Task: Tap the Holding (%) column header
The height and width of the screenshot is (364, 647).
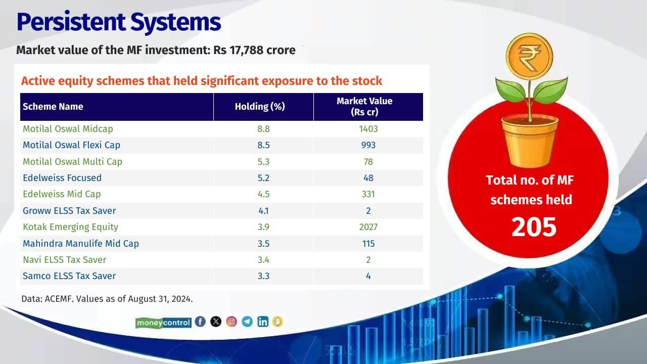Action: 260,107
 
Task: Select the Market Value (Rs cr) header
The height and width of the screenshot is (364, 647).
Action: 364,106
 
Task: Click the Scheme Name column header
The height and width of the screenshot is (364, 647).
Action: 53,107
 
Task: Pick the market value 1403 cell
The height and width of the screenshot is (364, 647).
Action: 368,129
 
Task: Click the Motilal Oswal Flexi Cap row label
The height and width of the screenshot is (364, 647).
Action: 71,145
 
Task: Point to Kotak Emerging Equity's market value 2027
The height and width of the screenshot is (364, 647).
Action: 368,227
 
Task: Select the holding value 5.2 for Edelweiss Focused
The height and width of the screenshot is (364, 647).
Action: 263,178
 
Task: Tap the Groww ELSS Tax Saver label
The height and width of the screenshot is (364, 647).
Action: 69,211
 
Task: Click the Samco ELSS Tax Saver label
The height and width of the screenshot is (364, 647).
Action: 69,276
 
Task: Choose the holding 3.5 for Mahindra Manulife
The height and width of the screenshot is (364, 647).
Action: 263,244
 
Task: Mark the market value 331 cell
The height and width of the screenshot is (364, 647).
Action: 368,194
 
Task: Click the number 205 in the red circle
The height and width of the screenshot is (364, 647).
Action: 534,227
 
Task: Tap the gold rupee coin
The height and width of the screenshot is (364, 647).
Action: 529,57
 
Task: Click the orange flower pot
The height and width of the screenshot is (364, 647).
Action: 530,141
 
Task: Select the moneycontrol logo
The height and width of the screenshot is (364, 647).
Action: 163,323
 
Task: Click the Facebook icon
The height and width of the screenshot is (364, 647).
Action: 200,322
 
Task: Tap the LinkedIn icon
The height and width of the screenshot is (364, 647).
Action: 263,322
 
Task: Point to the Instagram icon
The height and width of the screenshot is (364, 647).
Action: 232,322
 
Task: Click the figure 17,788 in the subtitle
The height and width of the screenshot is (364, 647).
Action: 247,50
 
